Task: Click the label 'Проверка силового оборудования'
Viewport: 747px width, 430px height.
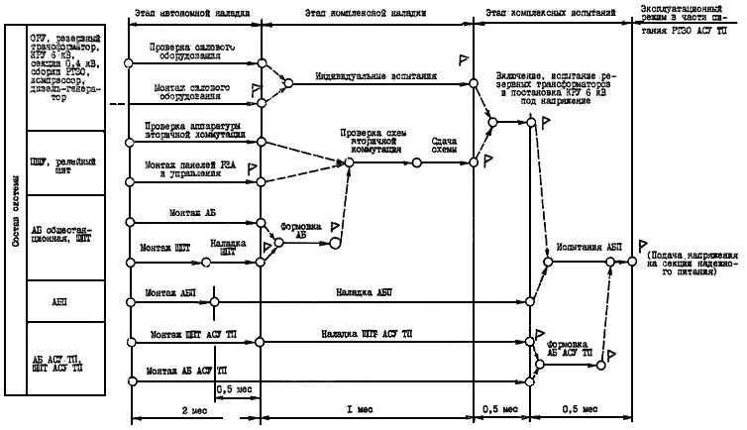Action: tap(193, 52)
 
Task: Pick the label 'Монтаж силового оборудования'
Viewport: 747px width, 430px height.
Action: tap(193, 91)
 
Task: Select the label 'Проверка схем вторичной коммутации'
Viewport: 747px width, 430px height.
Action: tap(372, 142)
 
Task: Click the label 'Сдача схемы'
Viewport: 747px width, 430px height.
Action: tap(445, 146)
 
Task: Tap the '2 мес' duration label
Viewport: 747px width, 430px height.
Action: tap(194, 408)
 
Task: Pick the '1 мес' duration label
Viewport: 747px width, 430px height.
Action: tap(366, 408)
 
